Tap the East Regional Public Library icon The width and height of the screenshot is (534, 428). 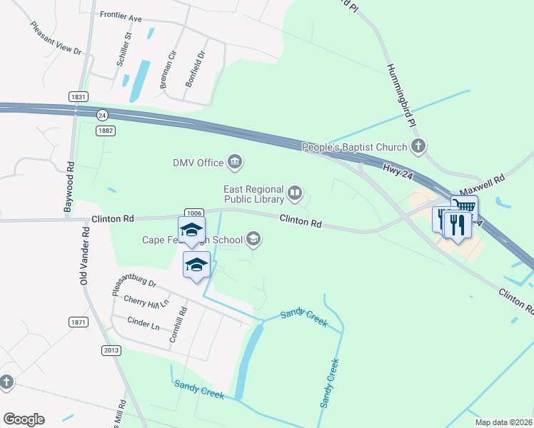click(294, 192)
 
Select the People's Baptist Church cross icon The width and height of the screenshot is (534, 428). click(418, 147)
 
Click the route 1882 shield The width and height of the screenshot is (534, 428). click(106, 130)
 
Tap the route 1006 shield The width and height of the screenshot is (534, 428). click(193, 213)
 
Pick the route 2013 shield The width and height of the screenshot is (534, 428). click(111, 350)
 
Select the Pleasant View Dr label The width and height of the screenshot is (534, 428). click(56, 39)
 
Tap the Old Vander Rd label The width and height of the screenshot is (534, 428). click(84, 255)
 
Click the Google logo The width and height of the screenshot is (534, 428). click(24, 419)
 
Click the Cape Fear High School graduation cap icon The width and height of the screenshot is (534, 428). click(253, 239)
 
